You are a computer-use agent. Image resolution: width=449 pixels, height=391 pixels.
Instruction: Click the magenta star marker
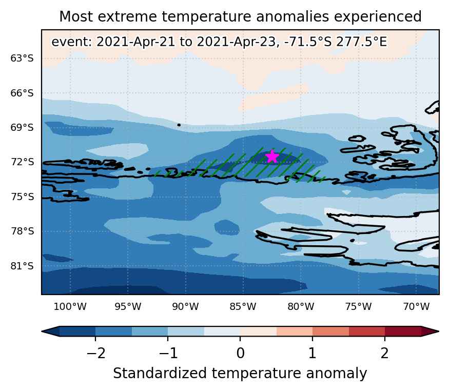pyautogui.click(x=272, y=157)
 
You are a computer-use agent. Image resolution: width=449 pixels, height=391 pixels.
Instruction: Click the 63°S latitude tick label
pyautogui.click(x=22, y=58)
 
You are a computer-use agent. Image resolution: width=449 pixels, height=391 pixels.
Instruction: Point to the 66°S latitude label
pyautogui.click(x=22, y=93)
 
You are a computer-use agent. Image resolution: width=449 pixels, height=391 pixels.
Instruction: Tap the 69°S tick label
pyautogui.click(x=22, y=127)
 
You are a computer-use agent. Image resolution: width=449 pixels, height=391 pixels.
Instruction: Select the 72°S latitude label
pyautogui.click(x=22, y=162)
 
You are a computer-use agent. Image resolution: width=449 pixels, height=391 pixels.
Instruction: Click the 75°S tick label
pyautogui.click(x=22, y=197)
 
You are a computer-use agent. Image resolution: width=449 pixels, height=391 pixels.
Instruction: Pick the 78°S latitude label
pyautogui.click(x=22, y=231)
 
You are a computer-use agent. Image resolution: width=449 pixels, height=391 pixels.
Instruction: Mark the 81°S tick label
pyautogui.click(x=22, y=266)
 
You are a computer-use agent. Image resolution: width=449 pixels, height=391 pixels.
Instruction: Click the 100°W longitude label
pyautogui.click(x=70, y=306)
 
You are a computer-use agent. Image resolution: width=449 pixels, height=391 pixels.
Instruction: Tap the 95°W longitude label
pyautogui.click(x=128, y=306)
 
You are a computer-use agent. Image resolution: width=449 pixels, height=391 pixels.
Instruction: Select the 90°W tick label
pyautogui.click(x=186, y=306)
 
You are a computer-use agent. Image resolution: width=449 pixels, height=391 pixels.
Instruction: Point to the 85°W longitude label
pyautogui.click(x=243, y=306)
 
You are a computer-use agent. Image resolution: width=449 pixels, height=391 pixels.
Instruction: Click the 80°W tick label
pyautogui.click(x=301, y=306)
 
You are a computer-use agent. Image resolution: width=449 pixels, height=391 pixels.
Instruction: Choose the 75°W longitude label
pyautogui.click(x=359, y=306)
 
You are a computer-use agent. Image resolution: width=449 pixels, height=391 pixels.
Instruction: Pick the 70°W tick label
pyautogui.click(x=416, y=306)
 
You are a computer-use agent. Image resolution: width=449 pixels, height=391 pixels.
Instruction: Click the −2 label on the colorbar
pyautogui.click(x=96, y=353)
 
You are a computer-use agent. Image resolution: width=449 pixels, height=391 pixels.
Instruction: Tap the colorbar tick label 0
pyautogui.click(x=241, y=353)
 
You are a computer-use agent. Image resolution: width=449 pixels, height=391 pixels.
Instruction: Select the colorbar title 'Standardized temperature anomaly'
pyautogui.click(x=240, y=374)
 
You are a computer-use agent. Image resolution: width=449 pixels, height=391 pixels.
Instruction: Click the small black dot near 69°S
pyautogui.click(x=179, y=125)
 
